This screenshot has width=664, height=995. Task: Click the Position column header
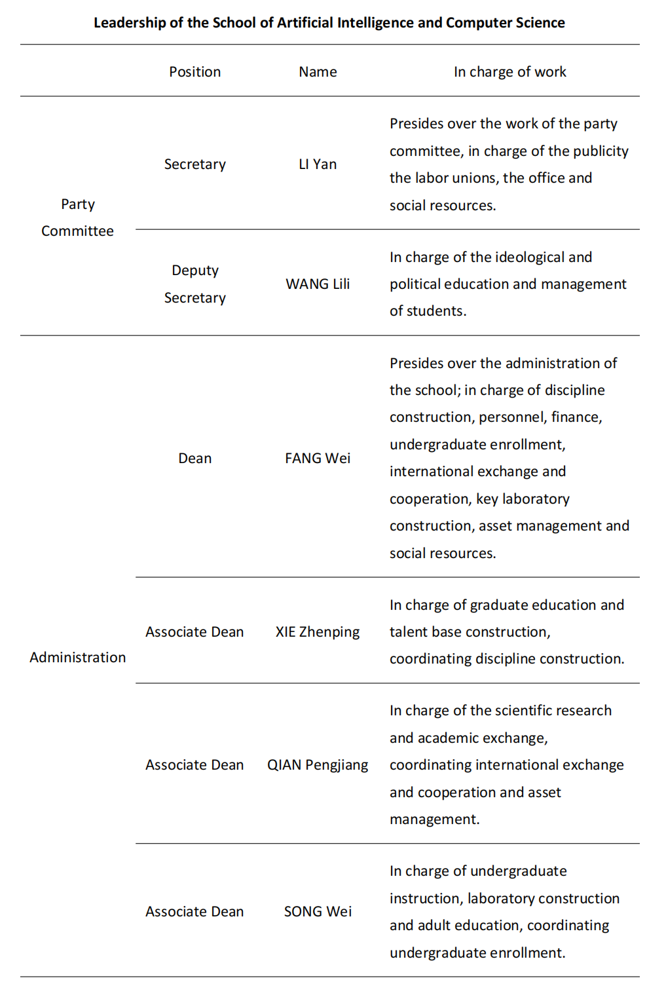point(194,72)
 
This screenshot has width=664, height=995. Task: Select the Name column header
point(318,72)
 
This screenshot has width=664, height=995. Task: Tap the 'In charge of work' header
point(509,72)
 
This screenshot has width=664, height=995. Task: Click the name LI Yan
point(318,164)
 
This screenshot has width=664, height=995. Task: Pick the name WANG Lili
point(318,284)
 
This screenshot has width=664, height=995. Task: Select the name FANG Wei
point(318,459)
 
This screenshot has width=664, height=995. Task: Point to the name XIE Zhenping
point(318,632)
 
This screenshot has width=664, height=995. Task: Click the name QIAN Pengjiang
point(318,765)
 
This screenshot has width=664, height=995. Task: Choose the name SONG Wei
point(318,912)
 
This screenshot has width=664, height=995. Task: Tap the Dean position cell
point(194,459)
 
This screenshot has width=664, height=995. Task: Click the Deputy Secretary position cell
point(194,284)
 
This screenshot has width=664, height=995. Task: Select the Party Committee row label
point(77,217)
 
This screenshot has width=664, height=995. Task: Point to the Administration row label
point(77,658)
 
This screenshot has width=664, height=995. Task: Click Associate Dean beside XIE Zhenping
point(194,632)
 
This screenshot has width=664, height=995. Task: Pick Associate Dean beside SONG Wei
point(194,912)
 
